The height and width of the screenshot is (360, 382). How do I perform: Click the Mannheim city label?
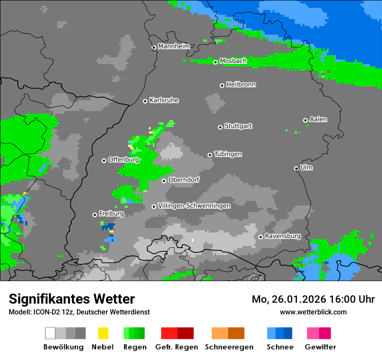[174, 46]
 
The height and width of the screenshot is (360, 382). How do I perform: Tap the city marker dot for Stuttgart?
[220, 127]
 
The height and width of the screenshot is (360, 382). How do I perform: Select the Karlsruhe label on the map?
[164, 100]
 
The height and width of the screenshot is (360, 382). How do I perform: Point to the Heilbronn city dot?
[222, 85]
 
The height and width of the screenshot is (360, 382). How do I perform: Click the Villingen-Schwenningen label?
[194, 206]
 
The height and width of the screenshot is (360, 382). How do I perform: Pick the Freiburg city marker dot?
[95, 215]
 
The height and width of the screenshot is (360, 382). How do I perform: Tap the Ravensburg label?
[283, 236]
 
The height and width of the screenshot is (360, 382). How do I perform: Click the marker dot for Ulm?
[296, 168]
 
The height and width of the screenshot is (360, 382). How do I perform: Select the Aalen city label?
[318, 119]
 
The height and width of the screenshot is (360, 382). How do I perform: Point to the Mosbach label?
[233, 61]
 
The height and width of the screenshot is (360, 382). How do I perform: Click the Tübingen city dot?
[210, 155]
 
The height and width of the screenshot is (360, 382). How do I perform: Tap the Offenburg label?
[123, 160]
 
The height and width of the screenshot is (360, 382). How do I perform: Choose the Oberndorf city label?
[184, 180]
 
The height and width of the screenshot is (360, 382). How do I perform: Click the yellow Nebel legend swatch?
[103, 333]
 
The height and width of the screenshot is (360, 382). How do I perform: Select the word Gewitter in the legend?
[320, 347]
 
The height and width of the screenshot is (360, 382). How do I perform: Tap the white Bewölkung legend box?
[50, 333]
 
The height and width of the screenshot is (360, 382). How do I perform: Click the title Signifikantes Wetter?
[72, 299]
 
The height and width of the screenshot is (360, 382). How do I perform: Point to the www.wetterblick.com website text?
[313, 312]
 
